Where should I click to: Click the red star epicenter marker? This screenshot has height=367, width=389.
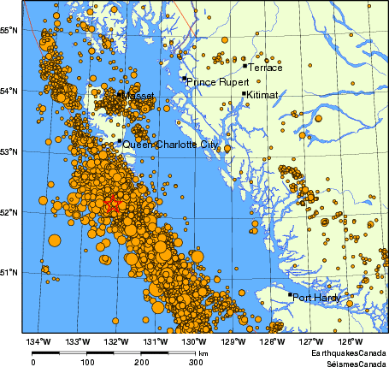[113, 204]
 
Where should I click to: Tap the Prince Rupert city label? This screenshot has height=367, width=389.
[215, 83]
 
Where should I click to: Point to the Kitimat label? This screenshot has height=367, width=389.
[262, 97]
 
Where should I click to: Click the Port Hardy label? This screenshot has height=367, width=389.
[316, 299]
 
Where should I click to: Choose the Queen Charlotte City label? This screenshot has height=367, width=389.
[170, 145]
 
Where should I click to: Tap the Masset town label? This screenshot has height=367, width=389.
[139, 96]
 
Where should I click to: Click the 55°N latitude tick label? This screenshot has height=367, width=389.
[10, 31]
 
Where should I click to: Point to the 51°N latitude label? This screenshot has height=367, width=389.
[10, 273]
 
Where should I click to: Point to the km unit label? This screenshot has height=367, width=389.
[203, 352]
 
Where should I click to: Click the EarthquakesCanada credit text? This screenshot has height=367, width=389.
[348, 352]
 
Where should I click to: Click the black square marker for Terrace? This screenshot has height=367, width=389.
[245, 65]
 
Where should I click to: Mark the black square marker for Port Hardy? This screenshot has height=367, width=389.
[290, 295]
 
